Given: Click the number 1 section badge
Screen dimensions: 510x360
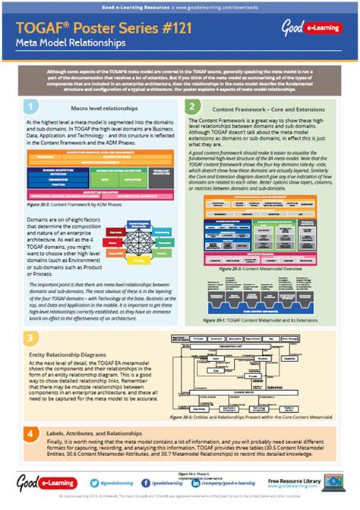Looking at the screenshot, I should coord(30,106).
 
